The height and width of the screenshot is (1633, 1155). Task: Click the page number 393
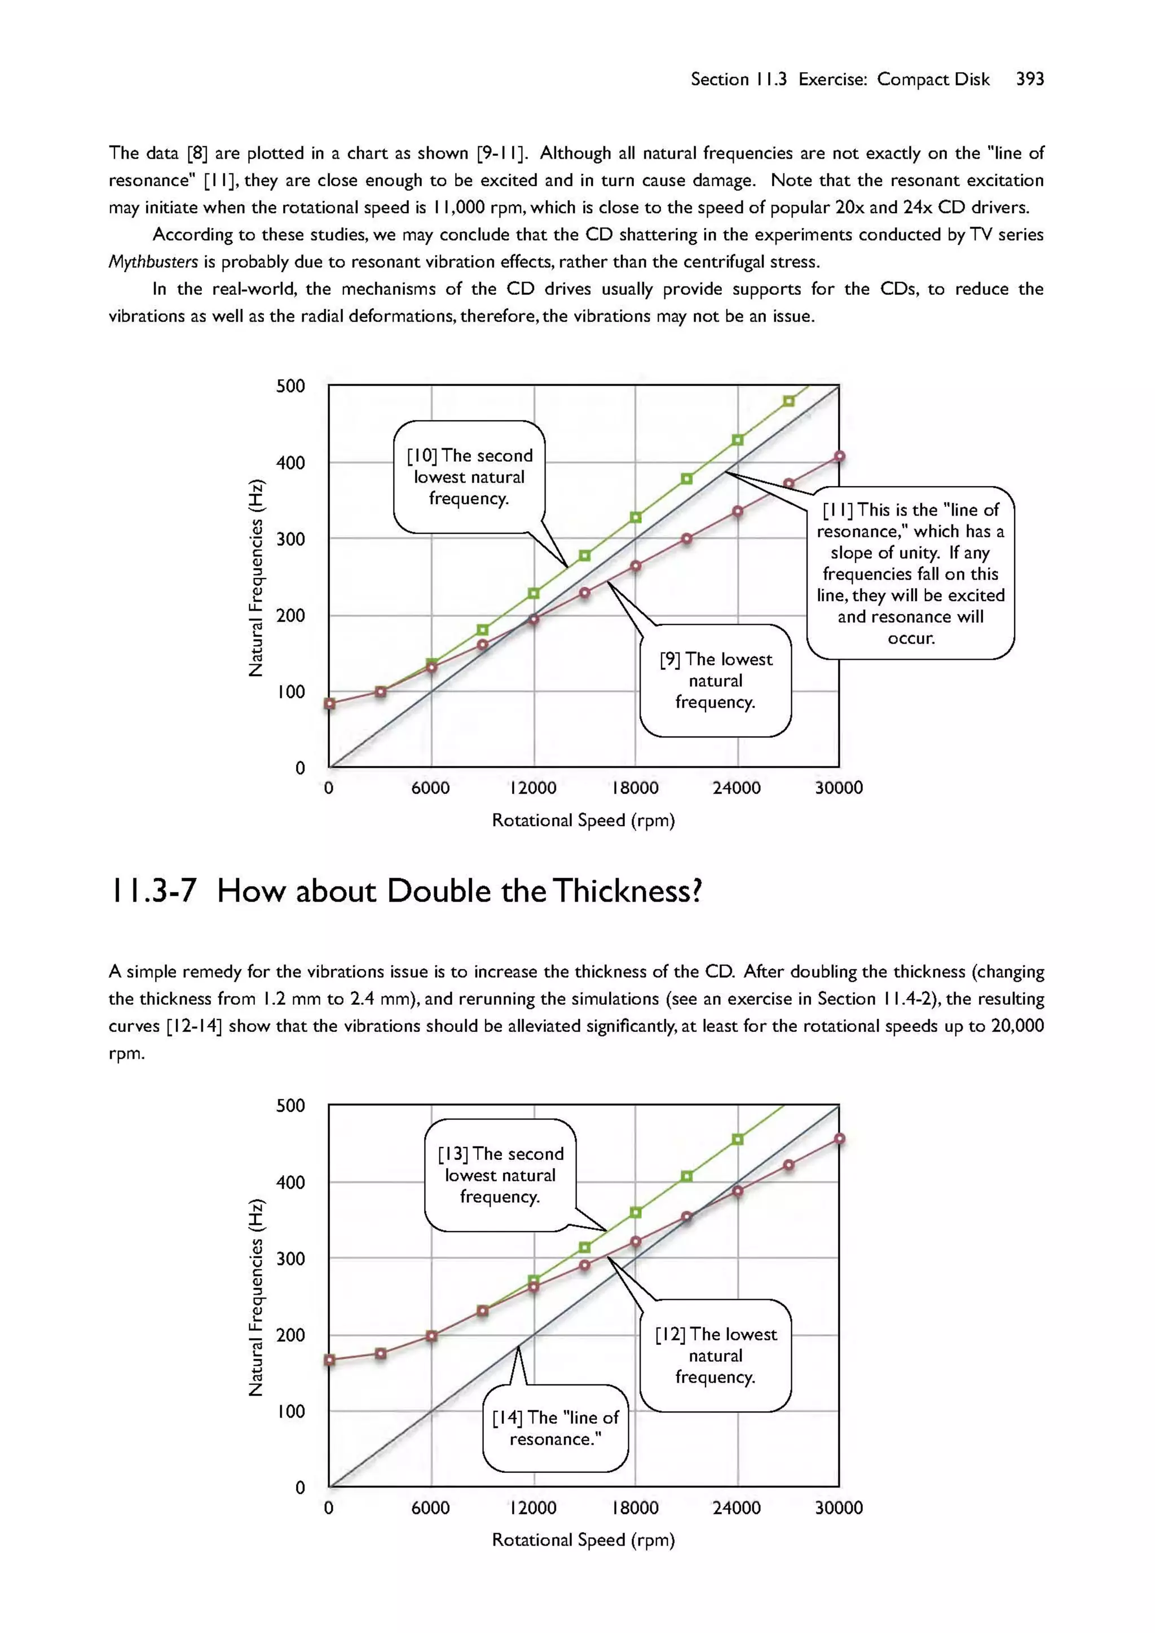1029,79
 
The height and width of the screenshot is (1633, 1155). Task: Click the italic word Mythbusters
153,262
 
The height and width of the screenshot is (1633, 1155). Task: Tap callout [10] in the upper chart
469,476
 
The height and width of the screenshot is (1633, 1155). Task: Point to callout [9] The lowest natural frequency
716,681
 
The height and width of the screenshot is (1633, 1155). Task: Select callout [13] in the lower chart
500,1175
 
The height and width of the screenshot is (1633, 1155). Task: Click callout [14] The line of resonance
556,1428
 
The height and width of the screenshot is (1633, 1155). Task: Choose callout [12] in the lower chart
716,1356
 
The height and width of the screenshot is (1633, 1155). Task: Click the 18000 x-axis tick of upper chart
635,788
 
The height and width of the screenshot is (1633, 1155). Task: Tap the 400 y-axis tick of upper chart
290,463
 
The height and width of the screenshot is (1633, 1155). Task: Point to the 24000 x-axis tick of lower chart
737,1508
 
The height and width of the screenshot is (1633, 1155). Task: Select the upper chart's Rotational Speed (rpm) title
583,820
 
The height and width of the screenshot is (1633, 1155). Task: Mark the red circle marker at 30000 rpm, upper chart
839,457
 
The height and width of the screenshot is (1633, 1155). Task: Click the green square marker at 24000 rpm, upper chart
738,440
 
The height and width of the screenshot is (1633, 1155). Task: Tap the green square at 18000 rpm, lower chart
636,1212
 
